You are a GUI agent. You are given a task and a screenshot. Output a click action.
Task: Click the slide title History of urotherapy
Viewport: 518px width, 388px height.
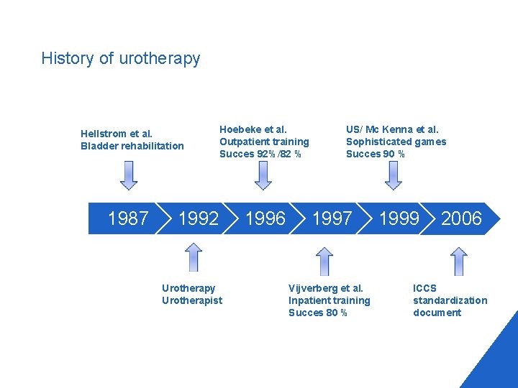[120, 58]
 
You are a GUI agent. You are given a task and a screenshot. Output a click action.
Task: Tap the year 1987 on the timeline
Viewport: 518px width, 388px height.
[128, 218]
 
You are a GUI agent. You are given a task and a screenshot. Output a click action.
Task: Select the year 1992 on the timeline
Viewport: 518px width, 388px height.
[198, 218]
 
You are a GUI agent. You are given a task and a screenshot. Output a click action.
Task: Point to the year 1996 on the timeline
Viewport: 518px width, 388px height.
[265, 218]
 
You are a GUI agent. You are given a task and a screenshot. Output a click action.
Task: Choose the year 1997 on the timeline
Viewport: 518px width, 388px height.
[332, 218]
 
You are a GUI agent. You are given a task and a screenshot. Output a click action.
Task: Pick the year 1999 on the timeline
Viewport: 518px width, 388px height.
[399, 218]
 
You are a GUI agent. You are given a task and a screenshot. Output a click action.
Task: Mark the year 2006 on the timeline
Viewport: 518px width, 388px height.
[461, 218]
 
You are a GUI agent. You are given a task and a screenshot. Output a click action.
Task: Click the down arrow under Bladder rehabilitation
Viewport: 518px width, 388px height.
[129, 175]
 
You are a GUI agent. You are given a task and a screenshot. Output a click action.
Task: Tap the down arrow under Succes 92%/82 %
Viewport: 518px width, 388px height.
[263, 175]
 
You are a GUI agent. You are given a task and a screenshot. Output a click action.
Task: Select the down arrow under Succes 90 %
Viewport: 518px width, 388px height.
[394, 175]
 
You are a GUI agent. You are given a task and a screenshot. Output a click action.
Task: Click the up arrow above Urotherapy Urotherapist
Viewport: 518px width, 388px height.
[193, 257]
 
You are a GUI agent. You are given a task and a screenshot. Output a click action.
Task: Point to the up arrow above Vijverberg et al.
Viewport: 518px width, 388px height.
[324, 262]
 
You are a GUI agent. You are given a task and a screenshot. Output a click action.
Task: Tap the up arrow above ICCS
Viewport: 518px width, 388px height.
[458, 262]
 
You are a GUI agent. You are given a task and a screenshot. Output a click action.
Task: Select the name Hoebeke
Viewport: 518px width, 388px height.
[240, 129]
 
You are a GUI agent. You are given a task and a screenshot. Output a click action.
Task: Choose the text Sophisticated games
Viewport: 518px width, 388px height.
[396, 142]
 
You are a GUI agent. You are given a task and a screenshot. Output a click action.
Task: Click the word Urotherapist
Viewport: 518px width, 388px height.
[192, 300]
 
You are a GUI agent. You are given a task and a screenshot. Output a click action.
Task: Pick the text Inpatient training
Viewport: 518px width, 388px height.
[329, 300]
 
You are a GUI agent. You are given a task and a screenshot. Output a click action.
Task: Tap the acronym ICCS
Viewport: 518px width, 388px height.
[424, 288]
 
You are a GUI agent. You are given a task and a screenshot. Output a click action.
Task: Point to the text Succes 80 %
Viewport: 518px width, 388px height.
[317, 313]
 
